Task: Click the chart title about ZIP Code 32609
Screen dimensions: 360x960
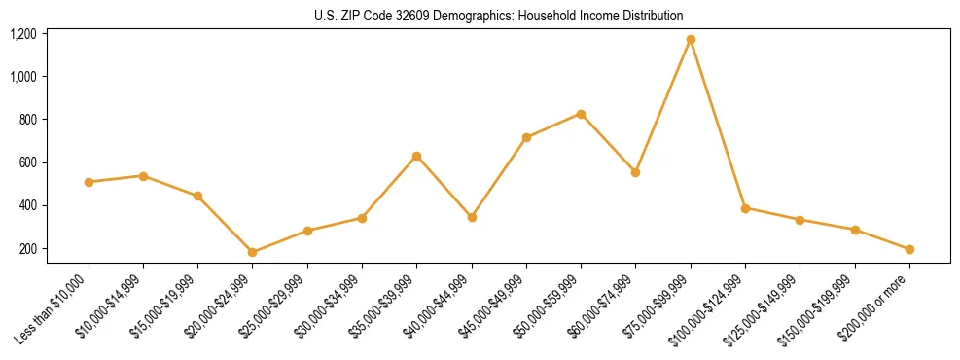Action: tap(499, 16)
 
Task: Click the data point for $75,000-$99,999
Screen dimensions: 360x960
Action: tap(691, 40)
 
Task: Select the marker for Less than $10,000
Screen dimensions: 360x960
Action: tap(89, 182)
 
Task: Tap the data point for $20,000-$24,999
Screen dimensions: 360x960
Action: tap(253, 252)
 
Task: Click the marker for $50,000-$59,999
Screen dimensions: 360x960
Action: tap(581, 114)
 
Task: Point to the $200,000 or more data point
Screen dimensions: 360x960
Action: tap(909, 249)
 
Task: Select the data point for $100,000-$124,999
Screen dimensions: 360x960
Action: tap(745, 208)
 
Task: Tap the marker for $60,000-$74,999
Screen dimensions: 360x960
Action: tap(636, 172)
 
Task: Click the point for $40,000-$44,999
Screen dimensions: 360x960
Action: tap(472, 217)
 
